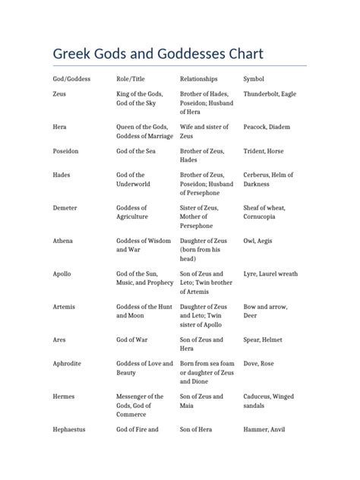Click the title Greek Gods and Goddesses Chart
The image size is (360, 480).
tap(158, 54)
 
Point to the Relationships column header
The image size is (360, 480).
tap(199, 78)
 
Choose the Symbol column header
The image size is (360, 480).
tap(254, 78)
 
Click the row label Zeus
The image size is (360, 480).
tap(60, 93)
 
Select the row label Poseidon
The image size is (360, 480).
tap(66, 151)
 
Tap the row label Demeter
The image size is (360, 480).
tap(65, 207)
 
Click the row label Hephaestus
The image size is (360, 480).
tap(69, 430)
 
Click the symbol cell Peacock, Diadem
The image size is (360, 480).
tap(267, 127)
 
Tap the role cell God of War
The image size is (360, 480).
tap(134, 339)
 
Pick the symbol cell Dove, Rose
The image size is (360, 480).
tap(259, 364)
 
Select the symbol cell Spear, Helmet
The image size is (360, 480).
tap(264, 339)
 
